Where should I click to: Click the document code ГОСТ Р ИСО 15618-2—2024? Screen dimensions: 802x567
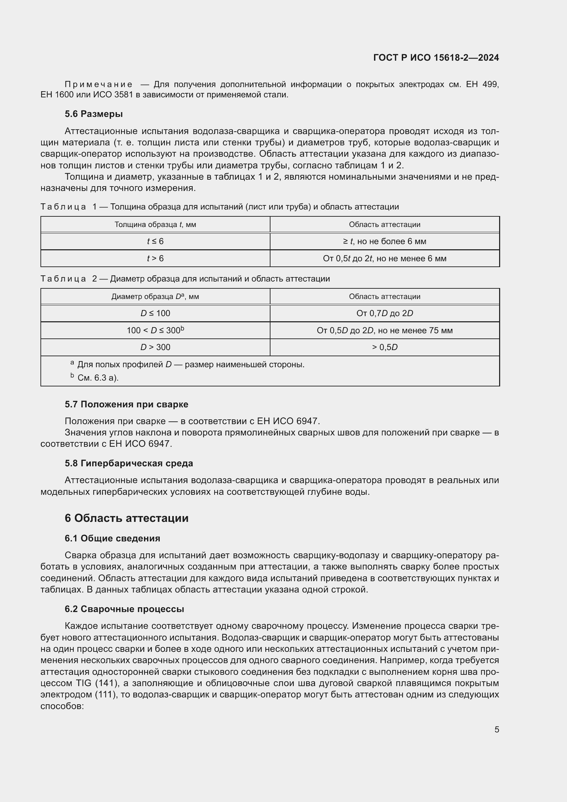point(436,58)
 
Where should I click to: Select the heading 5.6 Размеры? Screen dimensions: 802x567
point(94,114)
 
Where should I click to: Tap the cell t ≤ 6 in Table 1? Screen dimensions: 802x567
point(155,241)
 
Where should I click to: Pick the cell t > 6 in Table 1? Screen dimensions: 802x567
point(155,259)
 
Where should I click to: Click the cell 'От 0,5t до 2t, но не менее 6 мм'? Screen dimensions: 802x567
point(384,259)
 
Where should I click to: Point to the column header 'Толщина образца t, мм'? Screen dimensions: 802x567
point(155,225)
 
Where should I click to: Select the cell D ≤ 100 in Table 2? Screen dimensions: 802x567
point(155,313)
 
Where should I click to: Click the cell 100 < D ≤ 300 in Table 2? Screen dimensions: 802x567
point(155,331)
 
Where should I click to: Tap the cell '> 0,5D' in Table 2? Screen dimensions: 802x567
point(384,347)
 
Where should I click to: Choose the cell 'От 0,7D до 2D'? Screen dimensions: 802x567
point(384,313)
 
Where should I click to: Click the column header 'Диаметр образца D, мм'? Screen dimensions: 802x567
point(155,297)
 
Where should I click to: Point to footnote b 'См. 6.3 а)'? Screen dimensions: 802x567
point(97,378)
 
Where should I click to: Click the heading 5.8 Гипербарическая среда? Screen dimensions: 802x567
point(129,463)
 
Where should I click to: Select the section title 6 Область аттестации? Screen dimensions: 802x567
point(126,518)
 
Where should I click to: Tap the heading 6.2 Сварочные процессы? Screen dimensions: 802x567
point(124,609)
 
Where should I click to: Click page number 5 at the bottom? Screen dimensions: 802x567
point(496,730)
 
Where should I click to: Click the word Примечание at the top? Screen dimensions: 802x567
point(98,85)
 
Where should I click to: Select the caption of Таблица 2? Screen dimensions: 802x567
point(185,279)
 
